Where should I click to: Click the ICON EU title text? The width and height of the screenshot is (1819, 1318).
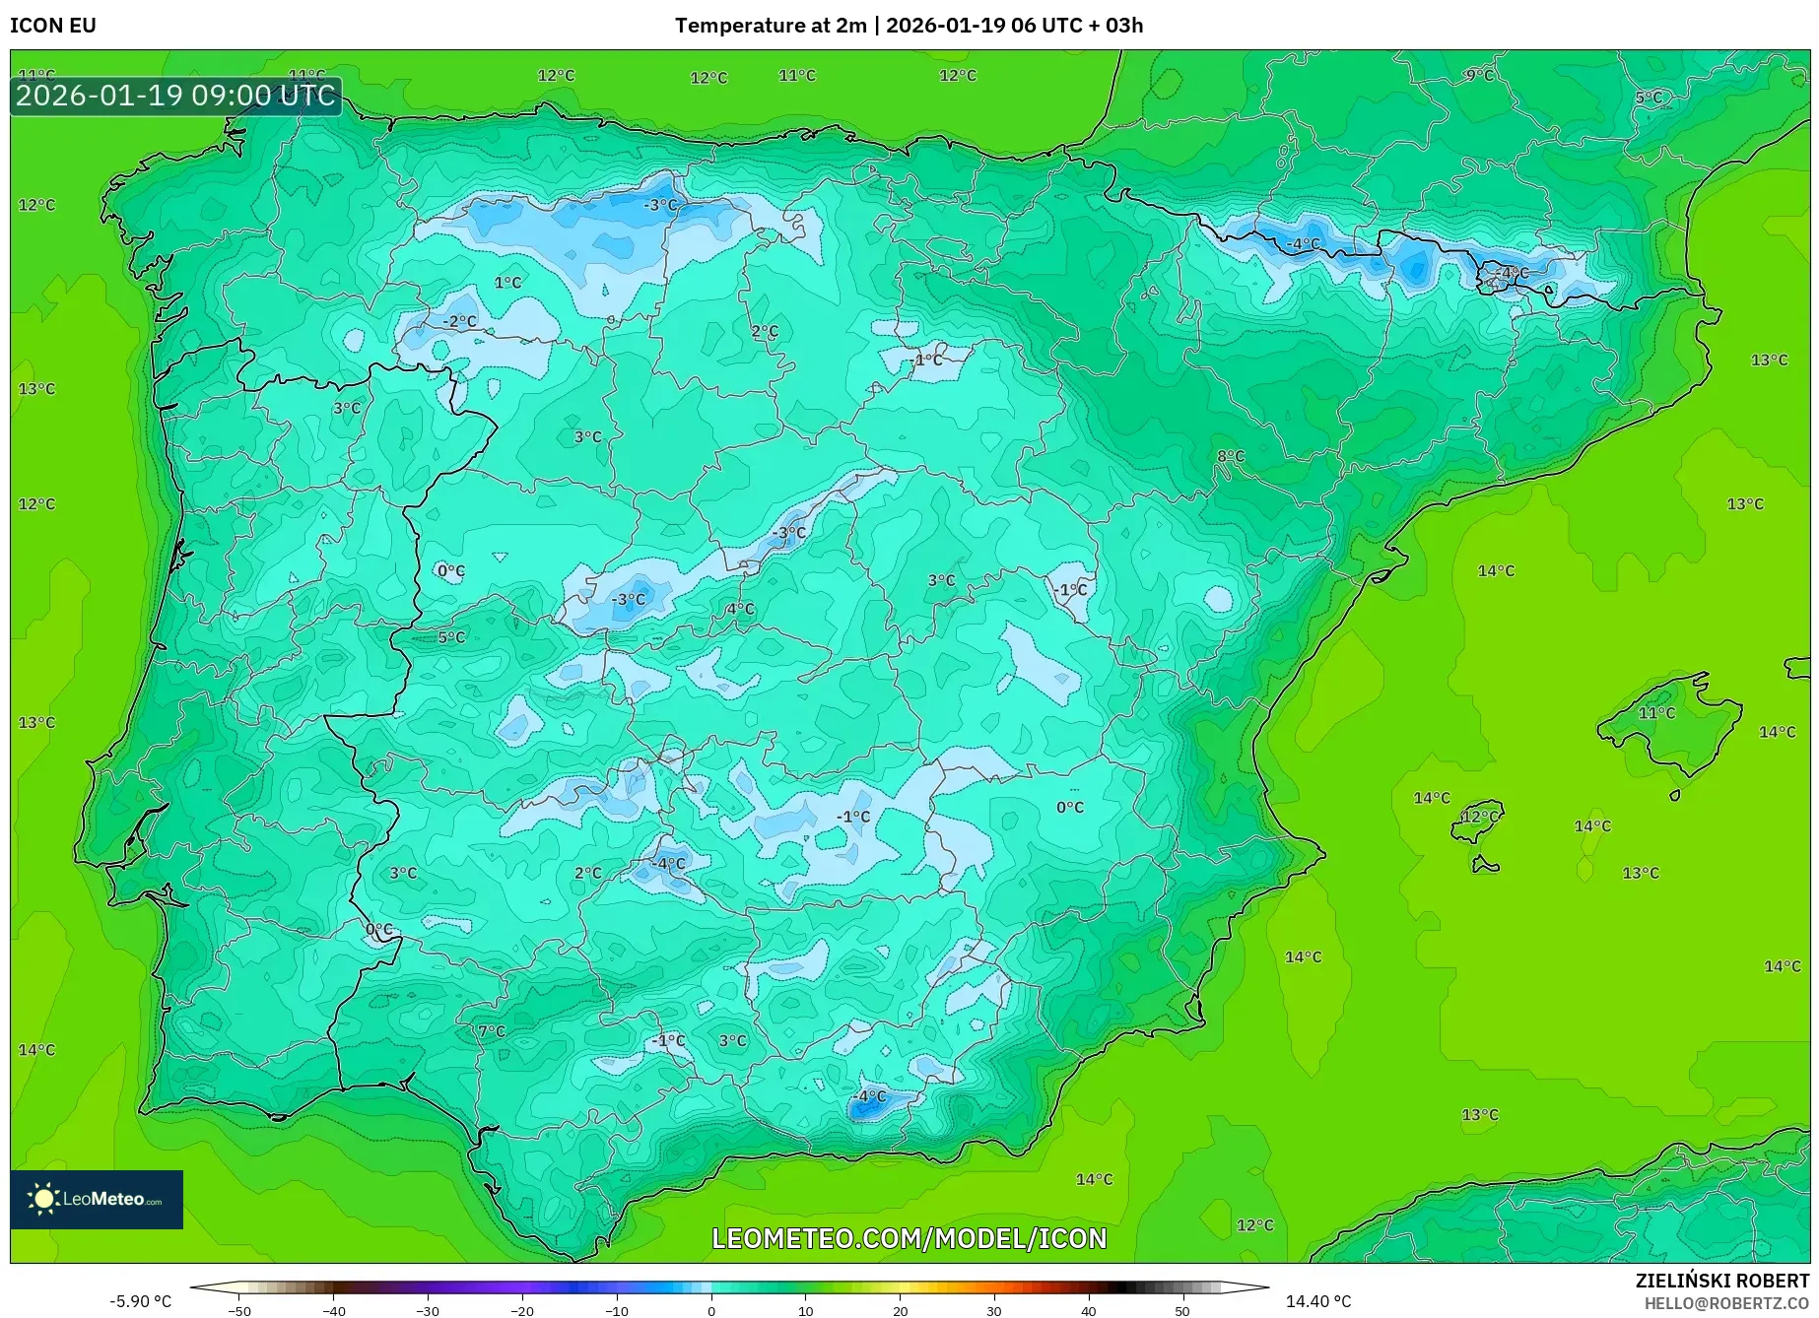(x=53, y=26)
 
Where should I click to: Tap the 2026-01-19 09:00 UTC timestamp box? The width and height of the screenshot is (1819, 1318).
(x=176, y=96)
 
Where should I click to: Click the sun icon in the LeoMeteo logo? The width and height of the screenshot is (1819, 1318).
(x=43, y=1199)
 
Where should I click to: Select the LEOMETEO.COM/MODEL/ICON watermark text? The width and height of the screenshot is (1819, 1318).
(x=909, y=1238)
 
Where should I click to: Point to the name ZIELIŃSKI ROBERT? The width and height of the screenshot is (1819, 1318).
(x=1721, y=1281)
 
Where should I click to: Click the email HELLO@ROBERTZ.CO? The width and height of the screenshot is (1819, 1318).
(x=1726, y=1302)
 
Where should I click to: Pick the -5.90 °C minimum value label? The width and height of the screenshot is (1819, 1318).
(x=140, y=1301)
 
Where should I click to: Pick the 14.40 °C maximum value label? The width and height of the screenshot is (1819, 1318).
(x=1318, y=1301)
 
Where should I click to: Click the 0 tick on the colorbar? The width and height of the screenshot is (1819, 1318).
(x=711, y=1310)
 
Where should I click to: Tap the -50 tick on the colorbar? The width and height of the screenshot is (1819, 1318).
(x=238, y=1310)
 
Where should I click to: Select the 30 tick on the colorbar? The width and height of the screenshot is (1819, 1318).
(x=994, y=1310)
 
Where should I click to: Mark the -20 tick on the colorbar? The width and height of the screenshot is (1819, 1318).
(x=522, y=1310)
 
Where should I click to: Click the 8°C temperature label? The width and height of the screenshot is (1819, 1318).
(x=1231, y=456)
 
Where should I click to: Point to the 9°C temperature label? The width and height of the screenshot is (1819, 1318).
(x=1479, y=75)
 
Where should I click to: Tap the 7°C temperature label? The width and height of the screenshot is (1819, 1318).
(x=492, y=1031)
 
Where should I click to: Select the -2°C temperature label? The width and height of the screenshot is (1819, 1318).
(x=459, y=321)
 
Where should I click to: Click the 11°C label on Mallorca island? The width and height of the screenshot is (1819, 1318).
(x=1656, y=712)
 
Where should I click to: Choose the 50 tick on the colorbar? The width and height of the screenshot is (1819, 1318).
(x=1182, y=1310)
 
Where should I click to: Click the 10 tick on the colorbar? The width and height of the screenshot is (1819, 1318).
(x=806, y=1310)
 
